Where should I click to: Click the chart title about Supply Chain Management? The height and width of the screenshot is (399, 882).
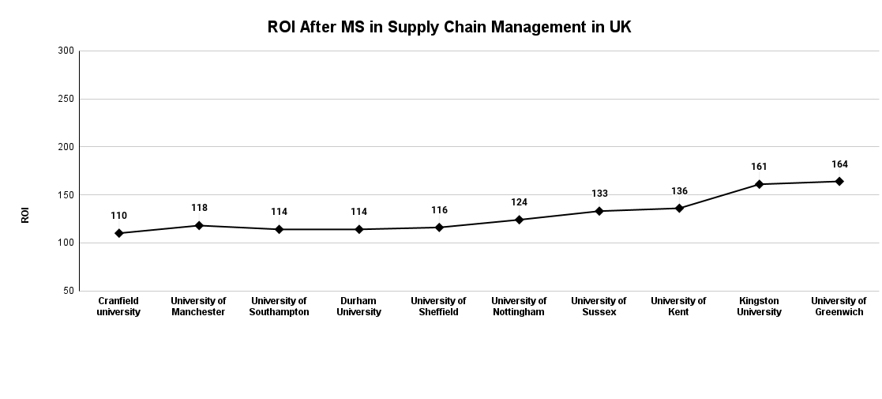(x=449, y=28)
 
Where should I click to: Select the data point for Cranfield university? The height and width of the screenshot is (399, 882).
(x=118, y=233)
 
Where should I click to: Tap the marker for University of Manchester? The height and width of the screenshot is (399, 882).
(x=199, y=225)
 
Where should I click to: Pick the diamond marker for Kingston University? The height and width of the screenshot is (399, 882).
(x=759, y=184)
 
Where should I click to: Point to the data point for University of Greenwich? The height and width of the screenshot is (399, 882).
(x=839, y=181)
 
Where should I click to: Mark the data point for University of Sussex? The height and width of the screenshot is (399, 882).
(x=599, y=211)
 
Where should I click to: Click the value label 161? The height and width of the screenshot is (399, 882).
(x=759, y=167)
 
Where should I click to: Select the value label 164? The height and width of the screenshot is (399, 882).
(x=839, y=164)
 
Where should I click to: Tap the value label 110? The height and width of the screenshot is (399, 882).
(x=118, y=216)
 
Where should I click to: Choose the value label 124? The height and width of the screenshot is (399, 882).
(x=519, y=202)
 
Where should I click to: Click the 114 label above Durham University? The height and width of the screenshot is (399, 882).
(x=359, y=212)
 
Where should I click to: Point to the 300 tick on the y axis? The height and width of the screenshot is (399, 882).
(x=66, y=51)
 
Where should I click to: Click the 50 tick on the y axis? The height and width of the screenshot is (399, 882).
(x=69, y=291)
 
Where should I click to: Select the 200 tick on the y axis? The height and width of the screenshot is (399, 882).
(x=66, y=147)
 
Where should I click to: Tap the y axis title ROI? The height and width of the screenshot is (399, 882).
(x=25, y=215)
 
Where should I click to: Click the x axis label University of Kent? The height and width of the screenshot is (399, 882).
(x=678, y=307)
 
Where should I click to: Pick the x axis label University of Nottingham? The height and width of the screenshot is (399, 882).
(x=519, y=307)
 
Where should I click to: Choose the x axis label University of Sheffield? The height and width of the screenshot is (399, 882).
(x=438, y=307)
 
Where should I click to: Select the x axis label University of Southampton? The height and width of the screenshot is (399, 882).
(x=279, y=307)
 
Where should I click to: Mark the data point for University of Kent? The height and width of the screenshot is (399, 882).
(x=678, y=208)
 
